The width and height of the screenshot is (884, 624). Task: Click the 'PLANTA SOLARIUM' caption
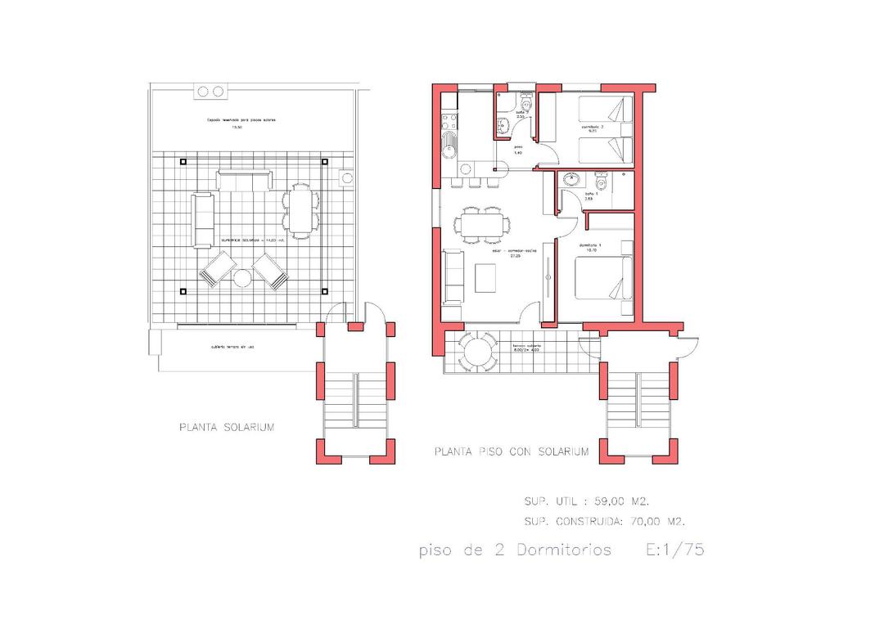226,427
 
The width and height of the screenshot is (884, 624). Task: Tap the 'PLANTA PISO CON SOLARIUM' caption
511,451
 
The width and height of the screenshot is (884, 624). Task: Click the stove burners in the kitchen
448,123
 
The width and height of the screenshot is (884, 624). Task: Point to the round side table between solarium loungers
242,279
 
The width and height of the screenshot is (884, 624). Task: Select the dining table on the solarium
300,209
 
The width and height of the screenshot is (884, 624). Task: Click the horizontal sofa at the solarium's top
244,180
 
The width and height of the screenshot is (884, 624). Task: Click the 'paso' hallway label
518,150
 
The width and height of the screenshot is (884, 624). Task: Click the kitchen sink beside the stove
449,149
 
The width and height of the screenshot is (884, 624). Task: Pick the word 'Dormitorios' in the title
563,550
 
